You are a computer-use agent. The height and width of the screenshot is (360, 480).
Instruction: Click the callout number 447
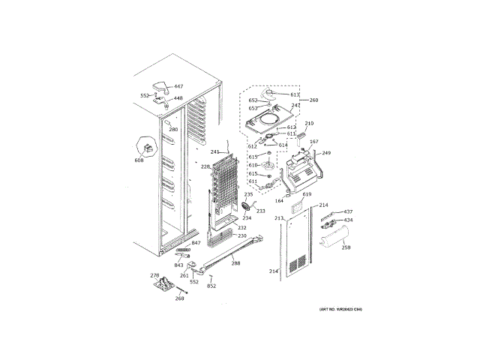point(178,87)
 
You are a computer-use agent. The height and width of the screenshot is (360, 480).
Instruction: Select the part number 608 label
point(139,160)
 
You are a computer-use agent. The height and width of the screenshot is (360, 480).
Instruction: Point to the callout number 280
point(173,130)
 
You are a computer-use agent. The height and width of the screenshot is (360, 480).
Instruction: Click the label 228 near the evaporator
point(205,166)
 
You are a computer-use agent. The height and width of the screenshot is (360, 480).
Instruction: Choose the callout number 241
point(214,152)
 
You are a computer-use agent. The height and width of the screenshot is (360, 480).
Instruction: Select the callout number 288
point(235,262)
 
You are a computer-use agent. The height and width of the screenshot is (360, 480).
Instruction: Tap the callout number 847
point(196,243)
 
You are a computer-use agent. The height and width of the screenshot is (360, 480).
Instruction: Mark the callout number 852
point(211,286)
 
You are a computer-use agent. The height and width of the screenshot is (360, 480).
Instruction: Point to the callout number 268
point(180,298)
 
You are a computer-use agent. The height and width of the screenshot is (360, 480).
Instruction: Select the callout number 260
point(313,100)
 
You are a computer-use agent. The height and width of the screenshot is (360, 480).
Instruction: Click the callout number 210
point(309,123)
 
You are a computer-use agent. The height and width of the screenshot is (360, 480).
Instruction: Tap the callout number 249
point(326,153)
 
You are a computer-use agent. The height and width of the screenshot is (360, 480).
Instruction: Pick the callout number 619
point(307,194)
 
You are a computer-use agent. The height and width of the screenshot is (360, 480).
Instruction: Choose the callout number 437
point(348,211)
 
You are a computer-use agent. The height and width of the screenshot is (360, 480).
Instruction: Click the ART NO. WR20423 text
point(340,310)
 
